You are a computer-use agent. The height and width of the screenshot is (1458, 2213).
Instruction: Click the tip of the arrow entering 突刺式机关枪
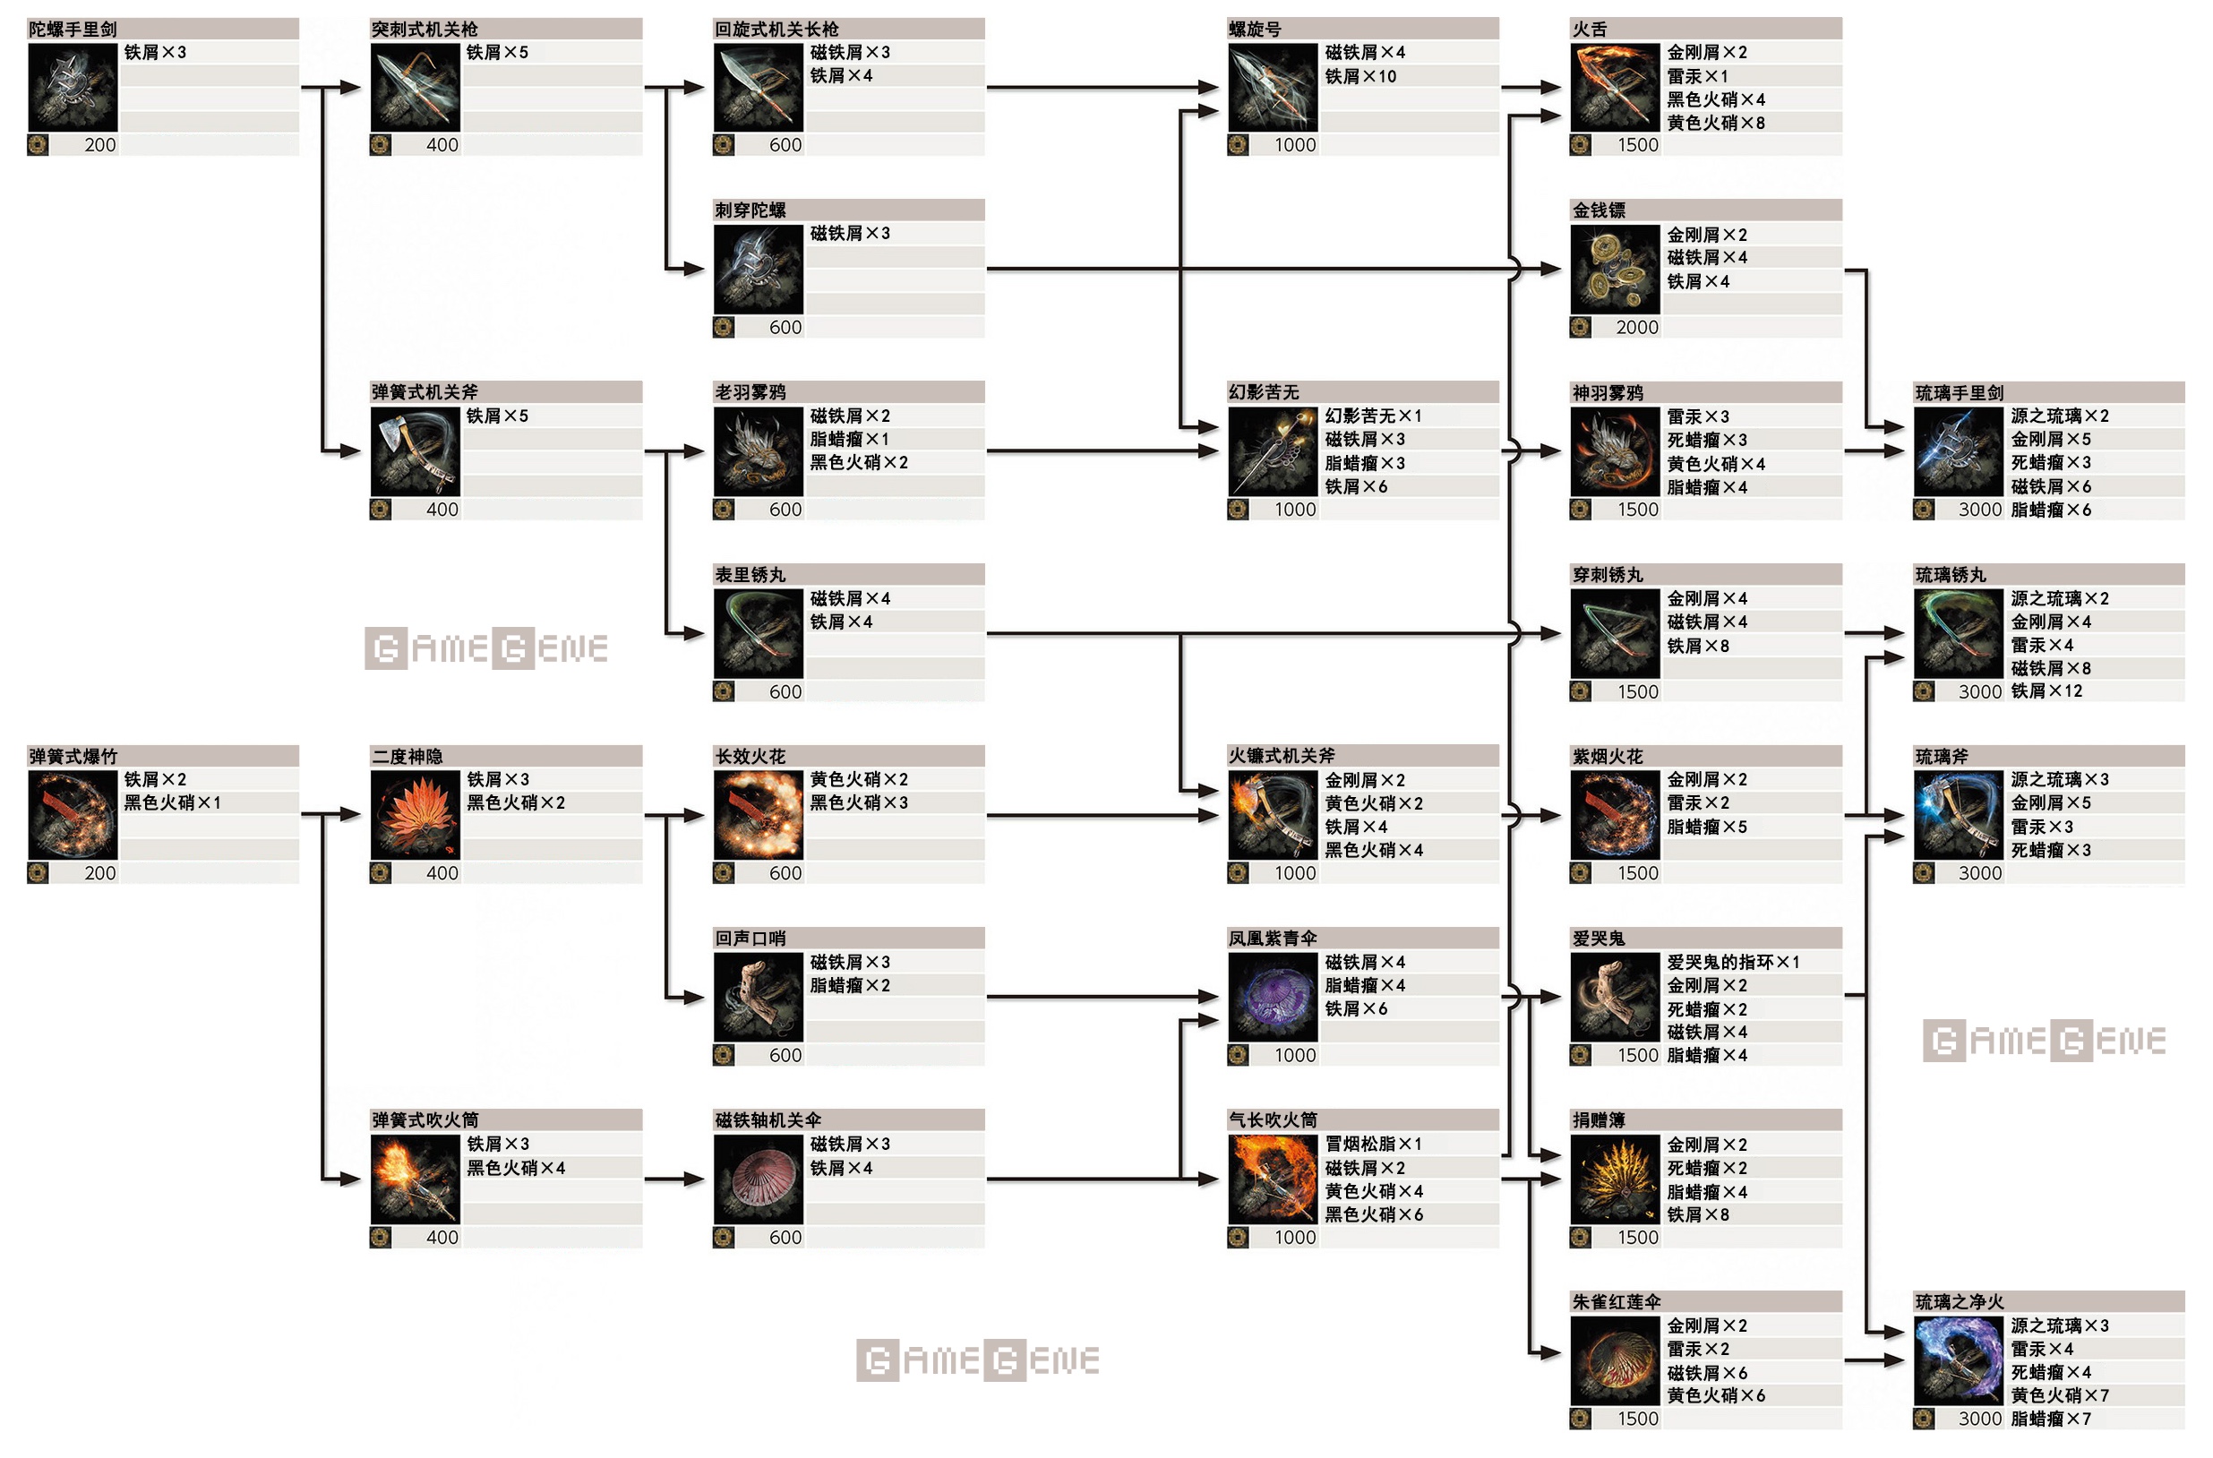361,88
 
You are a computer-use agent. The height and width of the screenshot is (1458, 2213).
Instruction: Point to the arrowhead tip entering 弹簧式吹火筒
361,1179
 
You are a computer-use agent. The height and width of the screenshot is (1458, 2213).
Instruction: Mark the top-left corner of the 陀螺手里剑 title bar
27,19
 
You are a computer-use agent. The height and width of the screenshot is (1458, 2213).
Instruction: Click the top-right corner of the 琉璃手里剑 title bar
2185,382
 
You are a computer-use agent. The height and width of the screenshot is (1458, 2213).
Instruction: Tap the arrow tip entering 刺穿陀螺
705,269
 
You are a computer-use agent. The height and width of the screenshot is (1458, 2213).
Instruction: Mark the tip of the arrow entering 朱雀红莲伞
1561,1353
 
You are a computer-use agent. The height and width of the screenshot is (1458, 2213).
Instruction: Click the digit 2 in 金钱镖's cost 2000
1621,327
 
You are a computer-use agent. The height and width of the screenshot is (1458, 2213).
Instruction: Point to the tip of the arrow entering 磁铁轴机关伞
705,1179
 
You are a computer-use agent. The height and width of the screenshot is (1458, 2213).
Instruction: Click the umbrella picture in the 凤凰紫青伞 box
1272,996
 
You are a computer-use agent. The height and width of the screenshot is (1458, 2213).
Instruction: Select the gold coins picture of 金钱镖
1615,269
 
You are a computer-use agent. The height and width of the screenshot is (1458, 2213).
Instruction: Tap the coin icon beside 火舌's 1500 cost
1581,145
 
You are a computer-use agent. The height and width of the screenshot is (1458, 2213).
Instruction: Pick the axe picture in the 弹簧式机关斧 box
415,451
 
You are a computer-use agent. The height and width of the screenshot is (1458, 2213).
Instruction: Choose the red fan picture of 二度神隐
415,815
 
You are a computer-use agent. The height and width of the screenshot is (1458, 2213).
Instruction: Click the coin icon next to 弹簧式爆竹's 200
38,873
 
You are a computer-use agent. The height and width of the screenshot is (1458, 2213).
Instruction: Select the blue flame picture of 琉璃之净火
1959,1360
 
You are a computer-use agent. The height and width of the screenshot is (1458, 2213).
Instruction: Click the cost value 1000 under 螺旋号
1295,145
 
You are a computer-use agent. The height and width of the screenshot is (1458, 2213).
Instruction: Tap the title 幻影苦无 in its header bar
1264,392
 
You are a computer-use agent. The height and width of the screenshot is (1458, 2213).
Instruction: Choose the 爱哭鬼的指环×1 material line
1733,963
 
